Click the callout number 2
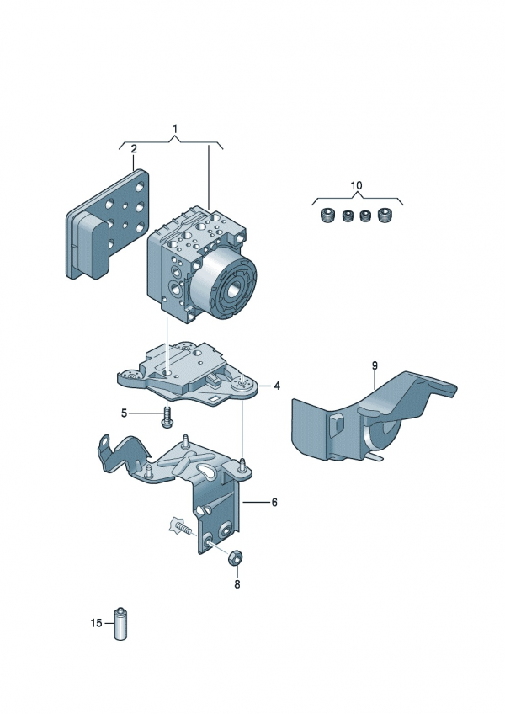[x=133, y=150]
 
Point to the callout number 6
[x=274, y=502]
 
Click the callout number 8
[x=237, y=583]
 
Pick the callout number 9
[x=375, y=365]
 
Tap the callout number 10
[x=356, y=184]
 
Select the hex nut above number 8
[x=237, y=557]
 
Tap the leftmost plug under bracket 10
[x=327, y=217]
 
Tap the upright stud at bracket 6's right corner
[x=242, y=464]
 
